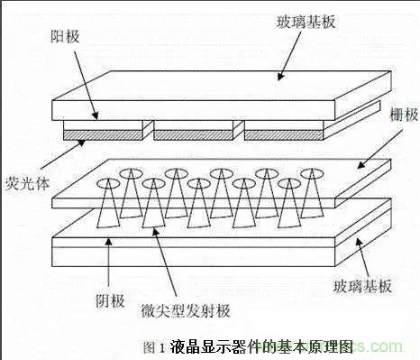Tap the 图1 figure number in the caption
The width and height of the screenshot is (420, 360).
click(153, 346)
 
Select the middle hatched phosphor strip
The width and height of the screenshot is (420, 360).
click(187, 134)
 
